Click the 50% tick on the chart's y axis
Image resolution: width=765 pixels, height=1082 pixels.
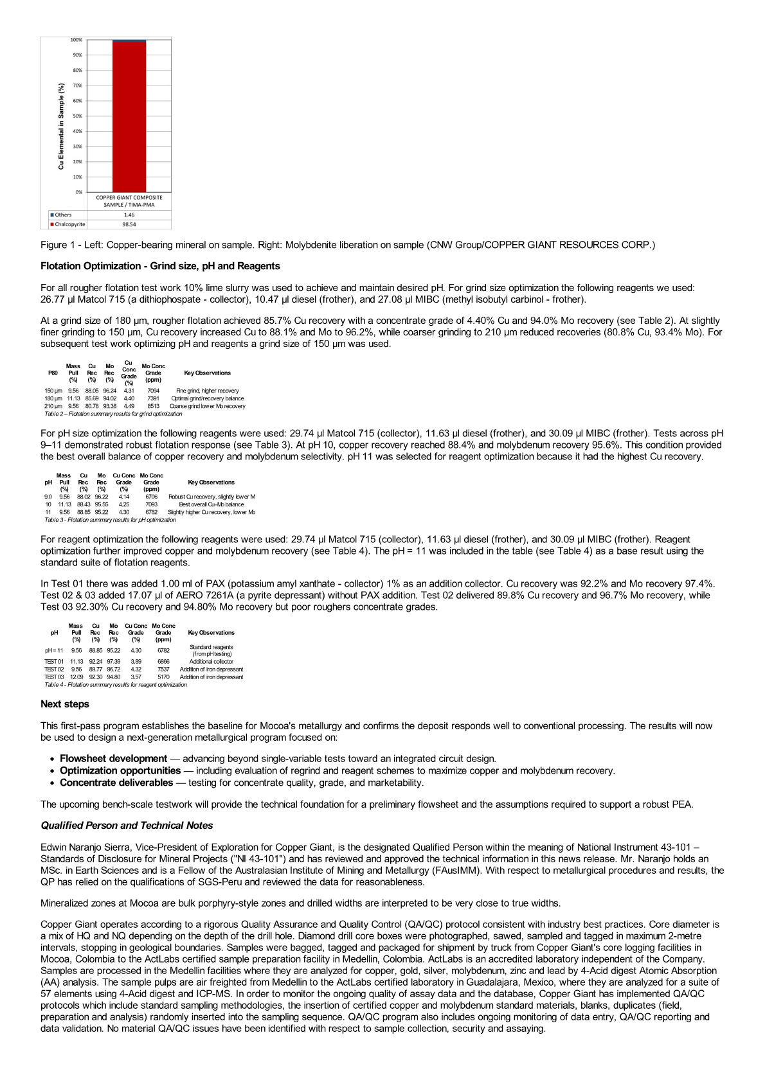point(78,116)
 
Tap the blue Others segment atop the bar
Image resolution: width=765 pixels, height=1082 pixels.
point(129,41)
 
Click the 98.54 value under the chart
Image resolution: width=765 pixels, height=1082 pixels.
point(129,225)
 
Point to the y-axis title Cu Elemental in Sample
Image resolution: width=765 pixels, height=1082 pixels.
point(61,125)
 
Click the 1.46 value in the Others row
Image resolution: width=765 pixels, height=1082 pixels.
point(129,215)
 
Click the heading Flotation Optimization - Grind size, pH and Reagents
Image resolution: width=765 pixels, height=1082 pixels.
point(160,266)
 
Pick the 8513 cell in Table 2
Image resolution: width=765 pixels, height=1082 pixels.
point(153,406)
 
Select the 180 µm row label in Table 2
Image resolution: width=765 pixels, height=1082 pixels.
point(53,398)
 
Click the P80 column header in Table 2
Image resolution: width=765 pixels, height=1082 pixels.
point(53,373)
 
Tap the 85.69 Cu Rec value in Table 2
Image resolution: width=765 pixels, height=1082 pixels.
point(92,398)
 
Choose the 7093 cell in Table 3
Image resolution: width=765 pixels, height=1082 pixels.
point(151,504)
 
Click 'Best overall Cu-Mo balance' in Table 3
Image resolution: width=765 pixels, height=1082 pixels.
point(212,504)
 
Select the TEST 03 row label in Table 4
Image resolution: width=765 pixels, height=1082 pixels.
point(54,677)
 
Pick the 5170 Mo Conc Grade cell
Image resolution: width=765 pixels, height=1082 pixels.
point(163,677)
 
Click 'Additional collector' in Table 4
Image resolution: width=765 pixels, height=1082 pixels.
point(212,661)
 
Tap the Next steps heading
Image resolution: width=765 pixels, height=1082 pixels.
point(65,704)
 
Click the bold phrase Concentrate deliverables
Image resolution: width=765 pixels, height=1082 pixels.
point(116,783)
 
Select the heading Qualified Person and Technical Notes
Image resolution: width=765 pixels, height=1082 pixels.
point(127,826)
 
